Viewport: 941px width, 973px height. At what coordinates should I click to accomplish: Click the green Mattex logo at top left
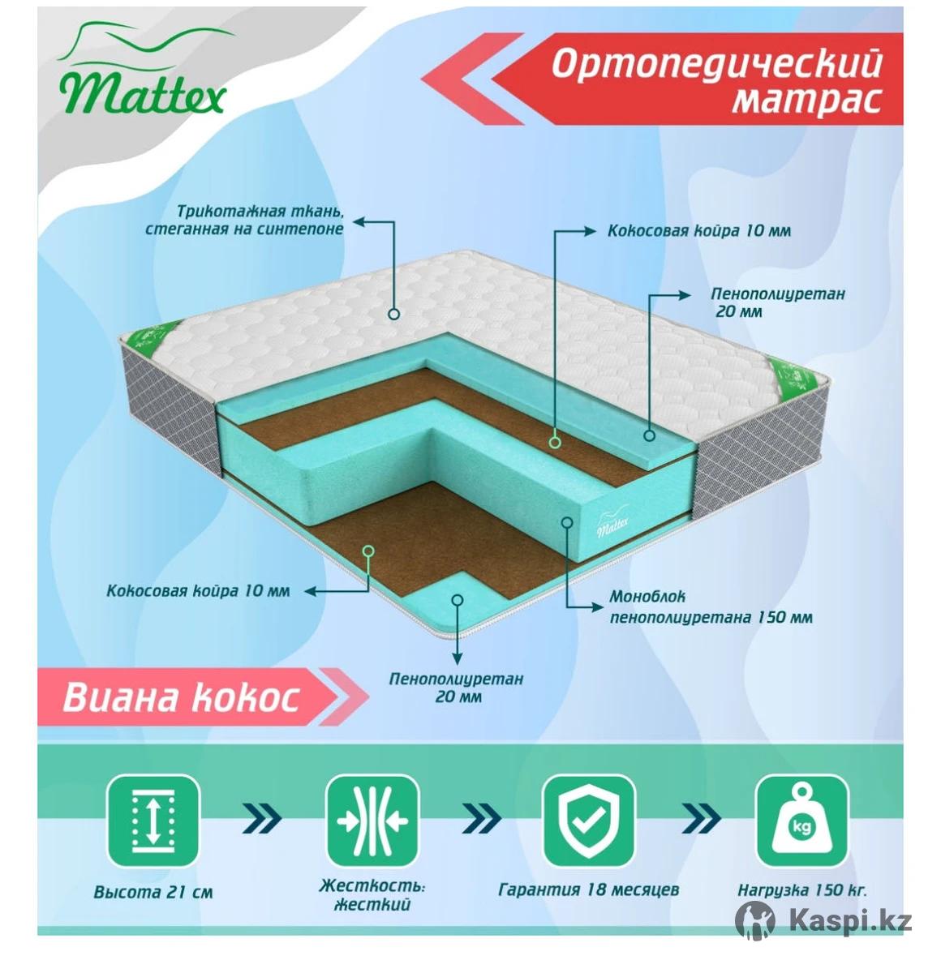(144, 69)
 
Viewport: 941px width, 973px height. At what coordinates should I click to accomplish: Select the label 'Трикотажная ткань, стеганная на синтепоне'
(244, 220)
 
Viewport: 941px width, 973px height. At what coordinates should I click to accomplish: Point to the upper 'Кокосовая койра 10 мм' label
(699, 231)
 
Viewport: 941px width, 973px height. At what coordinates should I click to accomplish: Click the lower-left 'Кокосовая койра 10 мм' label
(198, 591)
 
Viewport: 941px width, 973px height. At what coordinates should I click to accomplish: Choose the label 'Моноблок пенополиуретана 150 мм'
(711, 607)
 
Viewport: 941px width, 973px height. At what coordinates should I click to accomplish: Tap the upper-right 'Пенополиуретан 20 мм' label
(777, 302)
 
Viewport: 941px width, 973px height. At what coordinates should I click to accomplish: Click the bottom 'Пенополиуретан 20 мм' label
(456, 688)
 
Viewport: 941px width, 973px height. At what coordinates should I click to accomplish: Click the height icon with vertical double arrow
(153, 820)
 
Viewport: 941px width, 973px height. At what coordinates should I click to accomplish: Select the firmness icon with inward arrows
(372, 820)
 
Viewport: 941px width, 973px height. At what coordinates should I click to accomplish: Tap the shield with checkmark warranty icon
(589, 820)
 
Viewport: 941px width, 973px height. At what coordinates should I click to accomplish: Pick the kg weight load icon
(803, 820)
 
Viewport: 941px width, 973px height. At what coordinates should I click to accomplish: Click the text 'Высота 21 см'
(153, 892)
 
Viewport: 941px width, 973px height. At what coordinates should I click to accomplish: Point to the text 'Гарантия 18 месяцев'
(589, 889)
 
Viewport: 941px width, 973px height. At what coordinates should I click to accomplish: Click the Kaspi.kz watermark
(823, 920)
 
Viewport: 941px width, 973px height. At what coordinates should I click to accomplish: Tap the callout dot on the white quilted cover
(393, 314)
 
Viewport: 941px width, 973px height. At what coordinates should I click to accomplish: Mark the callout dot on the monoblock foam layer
(567, 522)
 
